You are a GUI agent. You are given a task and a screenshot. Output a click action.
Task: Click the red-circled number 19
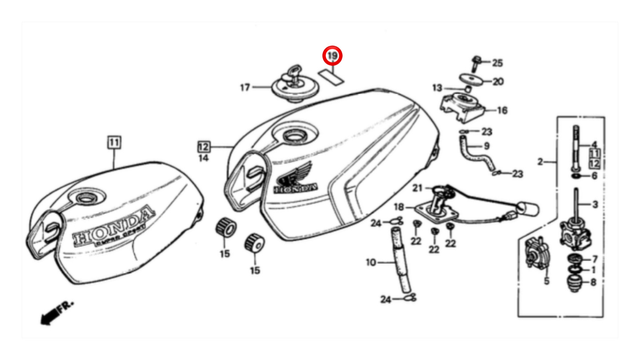pyautogui.click(x=333, y=56)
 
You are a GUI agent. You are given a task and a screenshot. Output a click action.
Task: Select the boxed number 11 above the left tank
pyautogui.click(x=114, y=143)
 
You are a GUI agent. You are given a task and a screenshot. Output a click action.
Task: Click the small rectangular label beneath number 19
pyautogui.click(x=331, y=76)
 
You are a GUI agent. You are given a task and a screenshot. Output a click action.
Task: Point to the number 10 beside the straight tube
pyautogui.click(x=371, y=263)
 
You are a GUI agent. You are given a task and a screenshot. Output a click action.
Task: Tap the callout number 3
pyautogui.click(x=595, y=205)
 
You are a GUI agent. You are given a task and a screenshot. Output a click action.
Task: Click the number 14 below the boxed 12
pyautogui.click(x=204, y=157)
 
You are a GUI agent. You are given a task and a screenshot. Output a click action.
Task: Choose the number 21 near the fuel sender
pyautogui.click(x=417, y=188)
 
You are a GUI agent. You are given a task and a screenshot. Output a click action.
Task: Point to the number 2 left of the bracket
pyautogui.click(x=540, y=162)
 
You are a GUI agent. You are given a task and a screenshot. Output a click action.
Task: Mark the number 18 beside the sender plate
pyautogui.click(x=399, y=207)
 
